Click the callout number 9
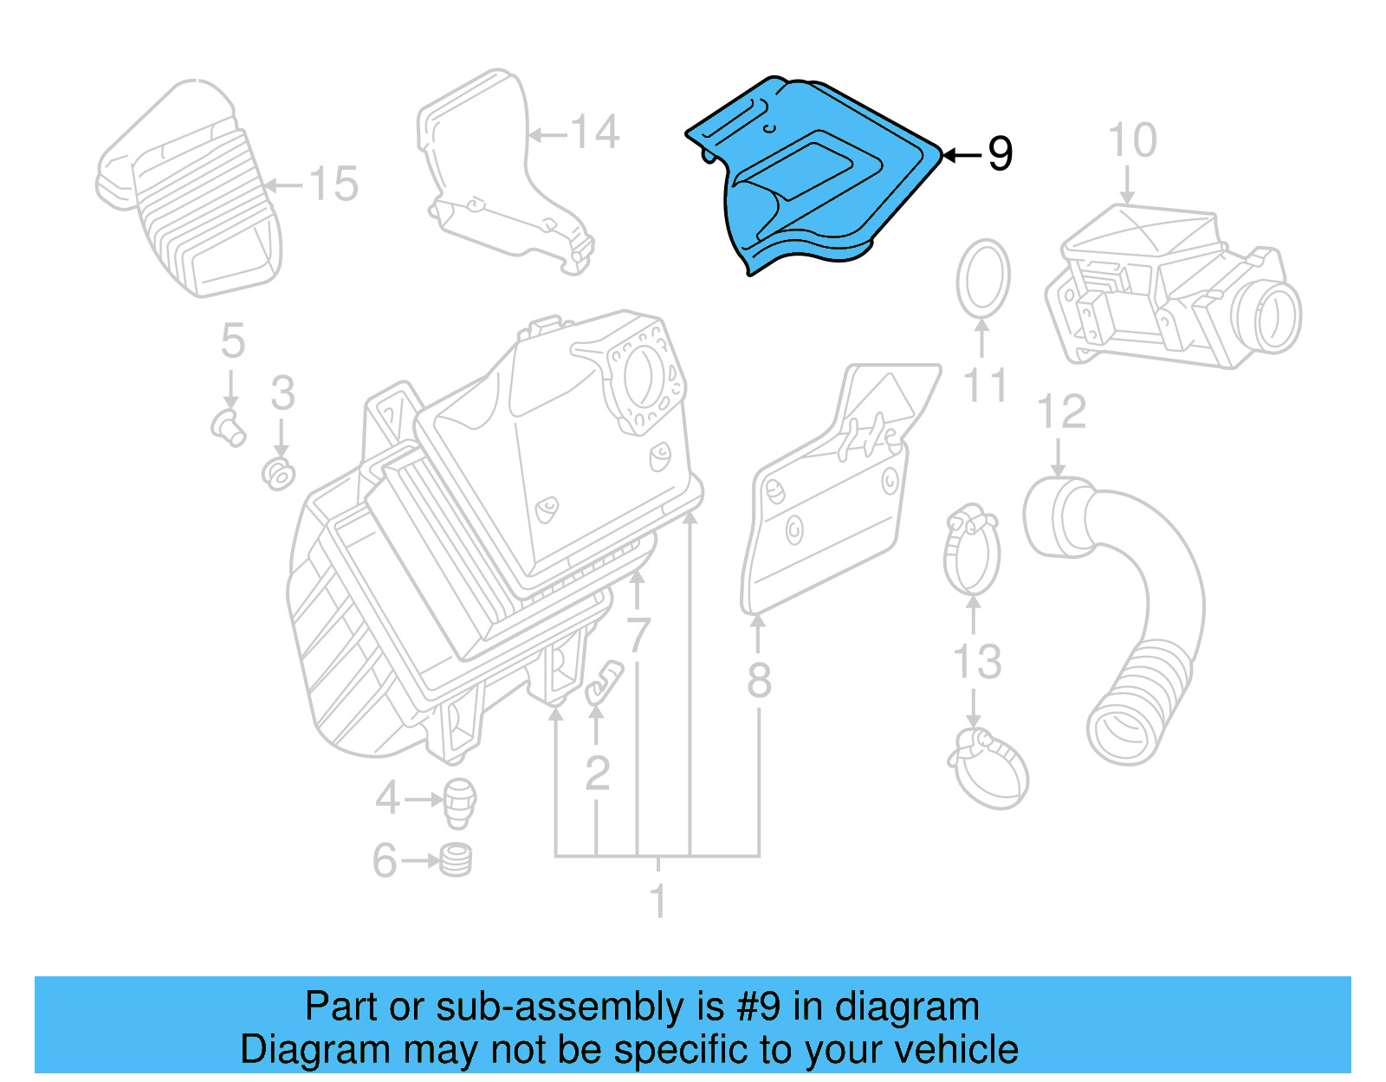tap(1000, 154)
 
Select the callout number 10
tap(1132, 140)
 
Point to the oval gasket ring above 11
tap(983, 279)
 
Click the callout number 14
tap(595, 133)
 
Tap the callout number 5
tap(232, 340)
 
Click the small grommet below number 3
tap(279, 474)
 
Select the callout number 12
tap(1061, 412)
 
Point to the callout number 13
tap(977, 663)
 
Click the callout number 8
tap(759, 680)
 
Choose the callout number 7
tap(638, 636)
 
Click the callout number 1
tap(658, 901)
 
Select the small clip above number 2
tap(604, 681)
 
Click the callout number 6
tap(385, 861)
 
